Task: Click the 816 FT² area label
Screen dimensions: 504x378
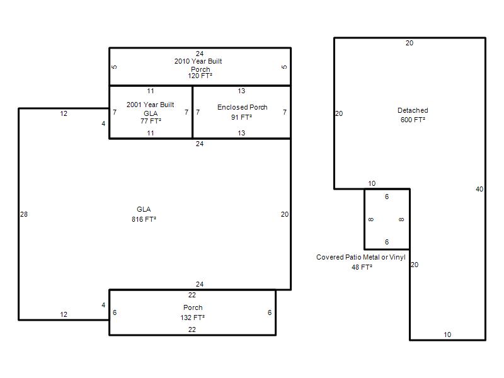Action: point(144,219)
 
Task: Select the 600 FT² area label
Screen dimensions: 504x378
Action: point(413,120)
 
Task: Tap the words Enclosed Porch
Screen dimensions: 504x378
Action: point(243,107)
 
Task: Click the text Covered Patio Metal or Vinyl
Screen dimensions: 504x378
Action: point(360,257)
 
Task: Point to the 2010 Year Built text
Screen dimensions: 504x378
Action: point(198,61)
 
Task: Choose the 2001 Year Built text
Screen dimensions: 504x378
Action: point(150,105)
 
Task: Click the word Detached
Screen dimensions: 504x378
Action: point(413,110)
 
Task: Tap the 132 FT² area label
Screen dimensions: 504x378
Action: point(193,318)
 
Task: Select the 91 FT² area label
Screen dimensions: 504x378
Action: point(241,117)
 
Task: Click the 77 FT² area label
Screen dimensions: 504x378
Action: point(151,121)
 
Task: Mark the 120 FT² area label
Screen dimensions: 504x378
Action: point(200,76)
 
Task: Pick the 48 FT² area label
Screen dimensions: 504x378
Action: point(362,267)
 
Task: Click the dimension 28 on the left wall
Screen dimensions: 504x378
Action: point(24,214)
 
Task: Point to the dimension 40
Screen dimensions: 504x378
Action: point(479,189)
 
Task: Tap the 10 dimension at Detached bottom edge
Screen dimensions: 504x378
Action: point(447,335)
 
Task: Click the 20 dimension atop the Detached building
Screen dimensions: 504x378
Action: point(409,43)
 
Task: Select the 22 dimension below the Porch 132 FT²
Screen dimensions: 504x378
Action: point(192,329)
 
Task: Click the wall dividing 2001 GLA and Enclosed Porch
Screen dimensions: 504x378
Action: point(192,112)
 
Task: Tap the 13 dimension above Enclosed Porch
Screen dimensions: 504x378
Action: point(241,91)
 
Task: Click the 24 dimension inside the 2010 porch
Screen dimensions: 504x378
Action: point(200,54)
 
